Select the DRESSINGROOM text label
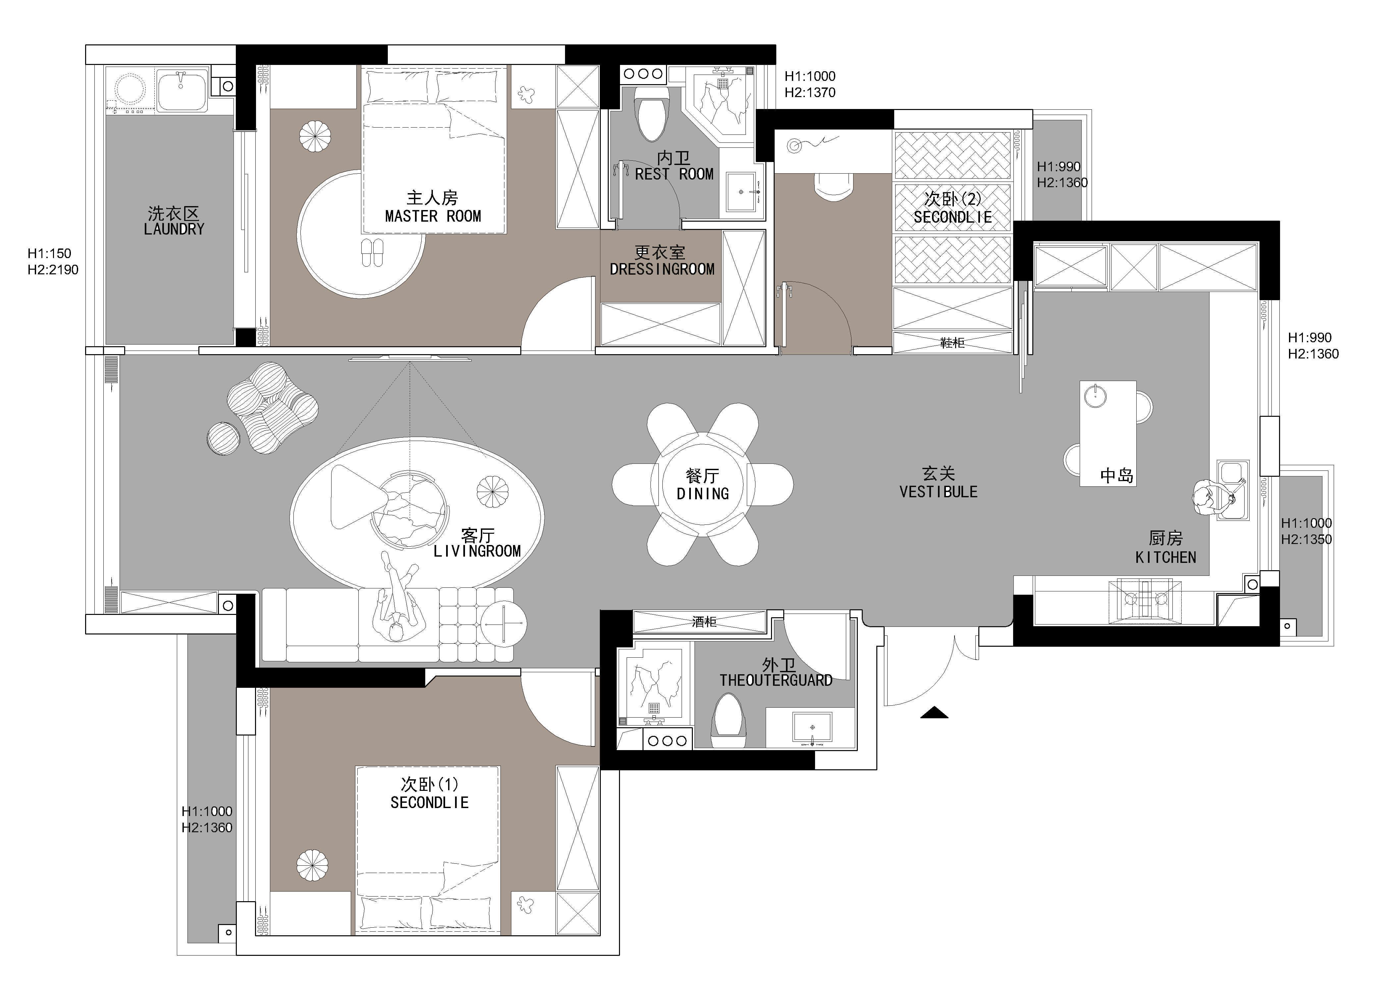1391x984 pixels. point(662,269)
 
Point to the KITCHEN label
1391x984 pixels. point(1166,558)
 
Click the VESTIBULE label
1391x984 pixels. point(939,492)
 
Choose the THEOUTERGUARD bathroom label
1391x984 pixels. point(776,681)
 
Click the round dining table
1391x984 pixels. point(703,485)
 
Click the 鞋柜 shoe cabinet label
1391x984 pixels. point(953,343)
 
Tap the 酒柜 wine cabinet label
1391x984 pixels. point(704,622)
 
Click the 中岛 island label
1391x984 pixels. point(1116,476)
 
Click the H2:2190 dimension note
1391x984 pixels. point(53,270)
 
